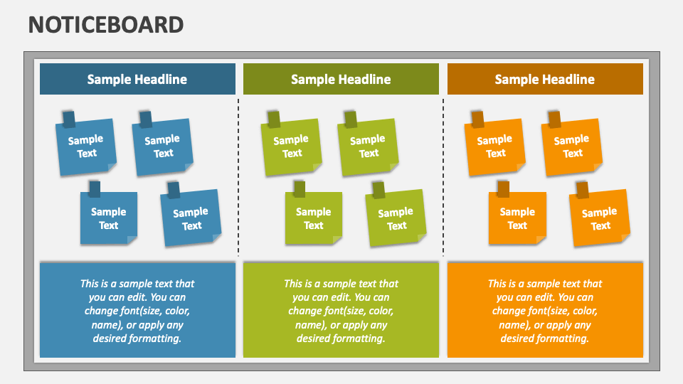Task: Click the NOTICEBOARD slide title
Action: click(x=106, y=25)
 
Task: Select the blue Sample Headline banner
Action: click(x=137, y=79)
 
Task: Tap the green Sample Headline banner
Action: click(x=341, y=79)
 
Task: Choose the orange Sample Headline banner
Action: click(x=545, y=79)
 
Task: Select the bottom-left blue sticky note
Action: click(x=109, y=219)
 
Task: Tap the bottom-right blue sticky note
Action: click(x=191, y=219)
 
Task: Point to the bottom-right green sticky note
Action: click(x=396, y=219)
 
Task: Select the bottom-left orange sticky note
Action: click(x=517, y=219)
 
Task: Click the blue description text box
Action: click(x=137, y=310)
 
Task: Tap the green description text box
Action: click(x=341, y=310)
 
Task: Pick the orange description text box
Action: click(x=545, y=310)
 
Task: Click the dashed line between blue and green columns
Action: click(x=238, y=178)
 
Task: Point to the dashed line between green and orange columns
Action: click(x=443, y=178)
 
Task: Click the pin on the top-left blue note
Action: click(x=69, y=119)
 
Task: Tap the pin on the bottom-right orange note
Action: click(x=582, y=190)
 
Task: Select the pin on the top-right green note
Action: click(x=350, y=119)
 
